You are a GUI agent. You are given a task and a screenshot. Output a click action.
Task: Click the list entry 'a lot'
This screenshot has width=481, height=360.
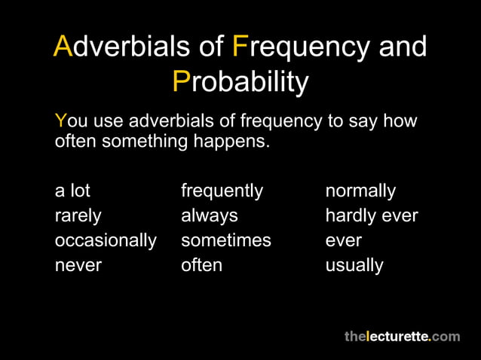[72, 191]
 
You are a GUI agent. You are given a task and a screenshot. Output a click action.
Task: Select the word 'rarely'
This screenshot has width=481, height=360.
[78, 216]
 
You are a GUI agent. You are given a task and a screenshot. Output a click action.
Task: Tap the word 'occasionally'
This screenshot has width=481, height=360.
[106, 241]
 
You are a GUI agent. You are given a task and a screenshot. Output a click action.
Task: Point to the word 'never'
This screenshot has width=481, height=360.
[78, 265]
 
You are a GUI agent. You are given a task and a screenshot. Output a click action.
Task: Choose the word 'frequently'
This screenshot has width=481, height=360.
[222, 191]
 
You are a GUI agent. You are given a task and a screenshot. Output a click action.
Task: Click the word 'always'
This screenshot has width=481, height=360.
[209, 216]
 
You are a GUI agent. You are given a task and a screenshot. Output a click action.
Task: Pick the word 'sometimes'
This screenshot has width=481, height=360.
[225, 241]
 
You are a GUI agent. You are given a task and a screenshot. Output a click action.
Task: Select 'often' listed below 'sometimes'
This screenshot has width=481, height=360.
[201, 265]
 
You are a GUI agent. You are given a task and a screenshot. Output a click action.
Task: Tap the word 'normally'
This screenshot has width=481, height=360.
[360, 191]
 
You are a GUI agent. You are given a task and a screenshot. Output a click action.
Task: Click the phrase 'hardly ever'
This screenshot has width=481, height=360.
[371, 216]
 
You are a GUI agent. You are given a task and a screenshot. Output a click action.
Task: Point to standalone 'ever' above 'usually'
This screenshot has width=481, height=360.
[343, 241]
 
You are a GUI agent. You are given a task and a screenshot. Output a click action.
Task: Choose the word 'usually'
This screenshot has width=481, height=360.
[354, 265]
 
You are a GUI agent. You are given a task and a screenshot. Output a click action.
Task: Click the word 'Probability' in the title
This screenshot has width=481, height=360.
[240, 81]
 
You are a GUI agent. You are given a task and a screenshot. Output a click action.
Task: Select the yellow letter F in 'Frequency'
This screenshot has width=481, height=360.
[240, 47]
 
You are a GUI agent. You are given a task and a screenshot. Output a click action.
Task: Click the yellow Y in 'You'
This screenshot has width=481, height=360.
[60, 121]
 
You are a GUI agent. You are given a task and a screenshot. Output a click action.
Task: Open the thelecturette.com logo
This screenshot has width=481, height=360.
[402, 336]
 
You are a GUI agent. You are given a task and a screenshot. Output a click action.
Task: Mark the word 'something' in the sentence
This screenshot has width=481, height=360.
[133, 141]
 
